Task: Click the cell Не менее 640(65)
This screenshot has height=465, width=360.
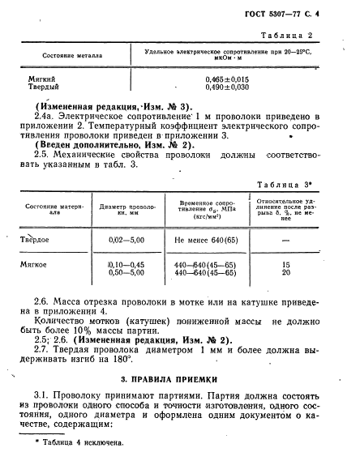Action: click(206, 240)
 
